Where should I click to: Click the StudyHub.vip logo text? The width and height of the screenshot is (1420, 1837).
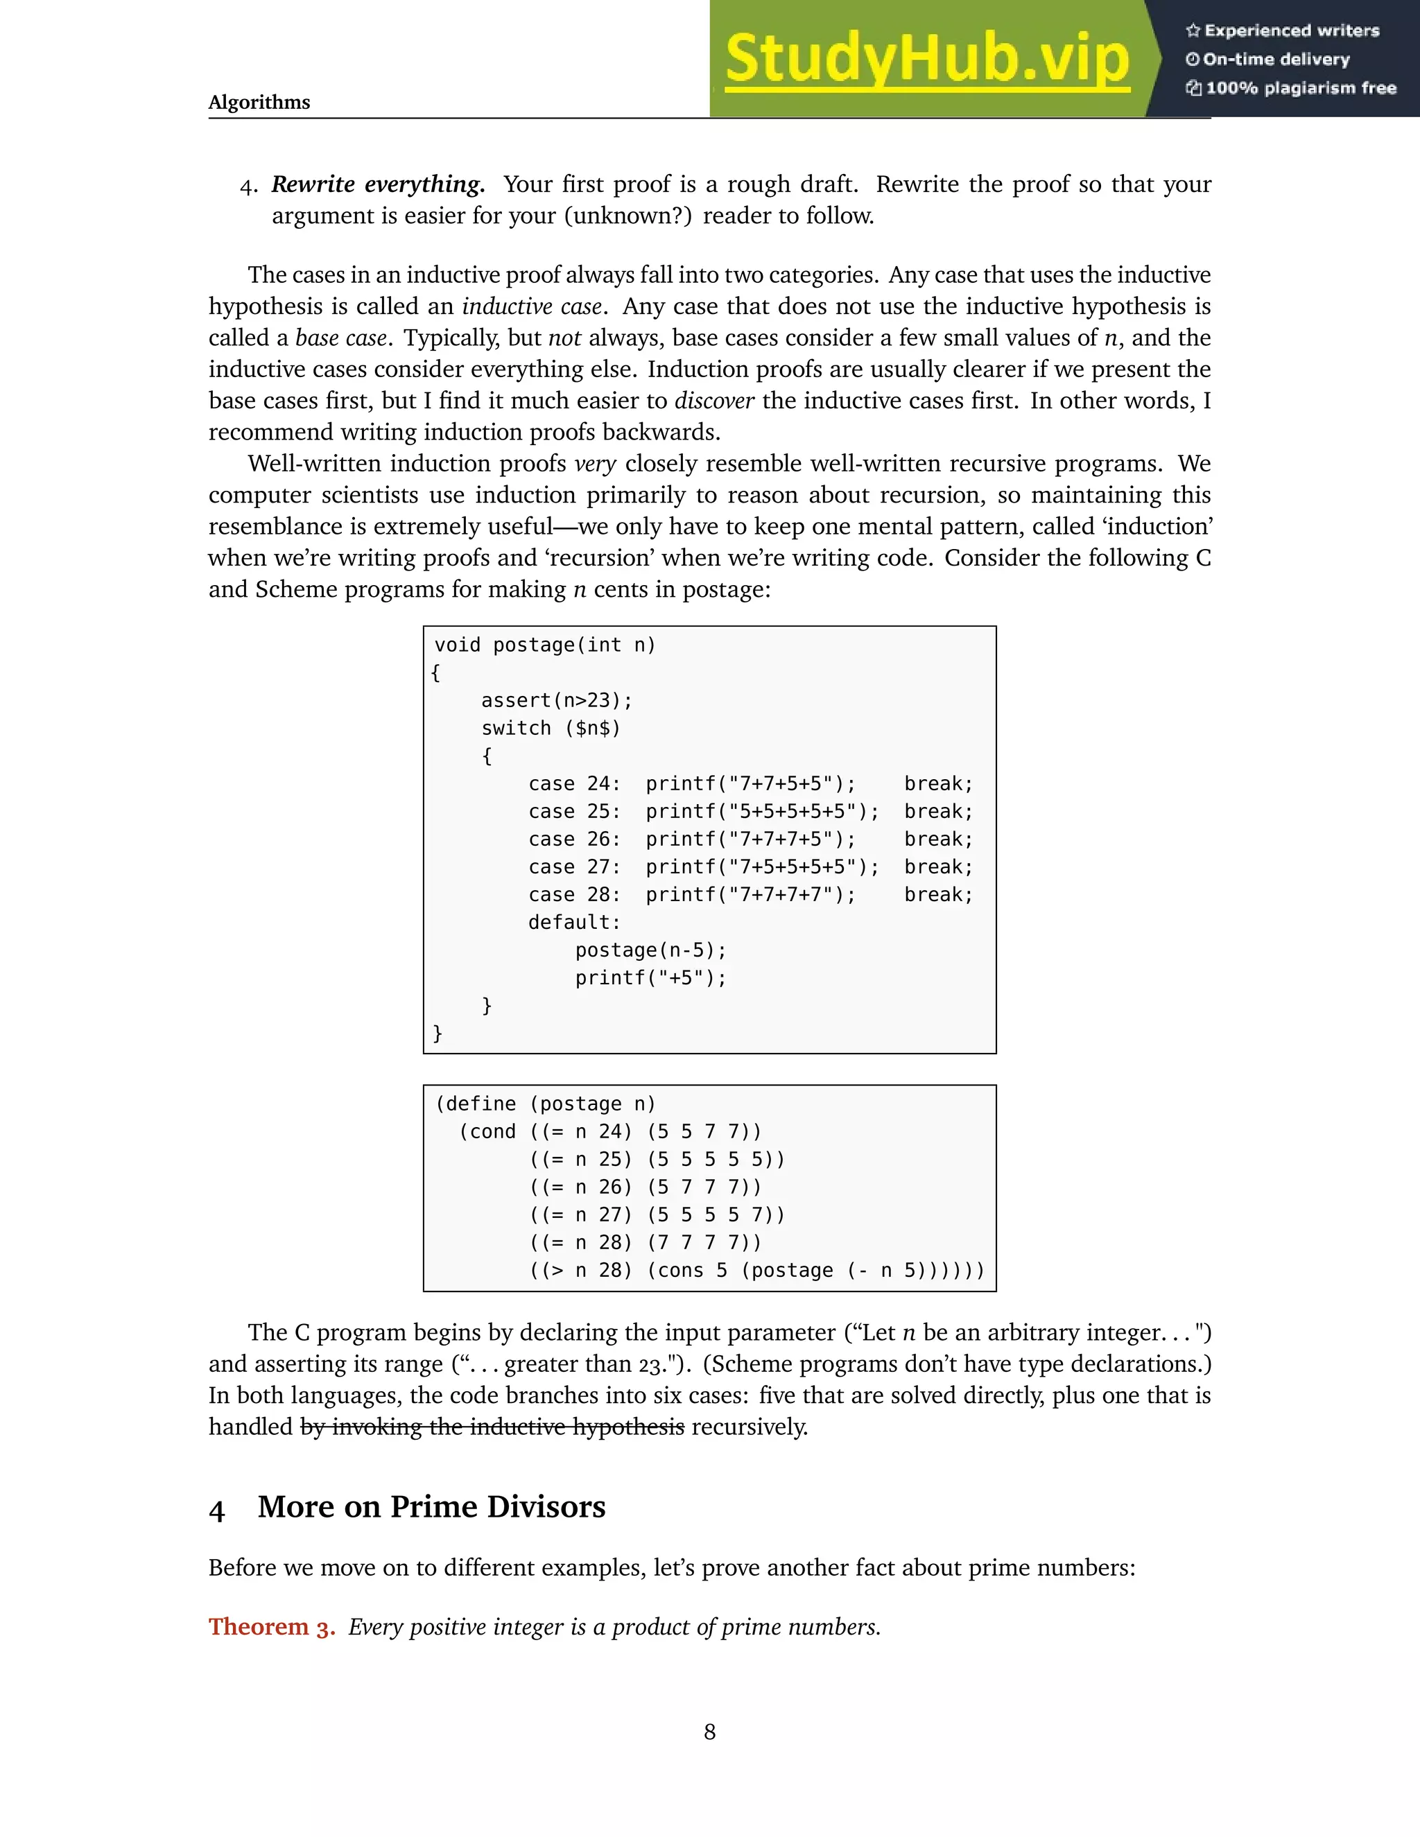[926, 59]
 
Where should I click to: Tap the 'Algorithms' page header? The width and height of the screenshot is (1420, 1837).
[259, 103]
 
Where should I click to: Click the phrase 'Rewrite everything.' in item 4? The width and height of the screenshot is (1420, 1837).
[378, 184]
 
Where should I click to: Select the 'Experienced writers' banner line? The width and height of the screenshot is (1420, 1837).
[1283, 31]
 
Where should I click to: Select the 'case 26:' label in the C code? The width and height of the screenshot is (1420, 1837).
[575, 839]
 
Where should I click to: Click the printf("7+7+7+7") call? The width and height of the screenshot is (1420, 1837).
[750, 895]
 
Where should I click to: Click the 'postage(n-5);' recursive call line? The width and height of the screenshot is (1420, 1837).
[650, 950]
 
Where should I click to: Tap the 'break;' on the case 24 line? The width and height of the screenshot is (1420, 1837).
[938, 784]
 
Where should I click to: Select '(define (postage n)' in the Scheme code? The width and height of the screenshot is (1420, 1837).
[545, 1104]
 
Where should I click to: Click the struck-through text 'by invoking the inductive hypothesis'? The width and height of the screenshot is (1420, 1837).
[492, 1427]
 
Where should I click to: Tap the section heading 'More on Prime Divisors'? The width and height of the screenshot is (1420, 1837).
[431, 1507]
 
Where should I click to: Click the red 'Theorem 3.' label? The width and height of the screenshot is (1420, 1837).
[272, 1627]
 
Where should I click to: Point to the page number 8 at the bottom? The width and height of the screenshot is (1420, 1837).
[710, 1732]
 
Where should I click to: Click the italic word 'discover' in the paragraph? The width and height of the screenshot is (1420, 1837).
[714, 401]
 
